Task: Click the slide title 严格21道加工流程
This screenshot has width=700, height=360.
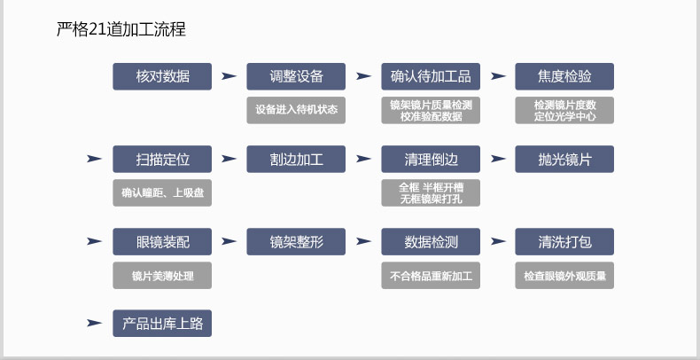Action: pyautogui.click(x=121, y=29)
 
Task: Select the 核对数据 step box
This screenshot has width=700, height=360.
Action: pyautogui.click(x=162, y=76)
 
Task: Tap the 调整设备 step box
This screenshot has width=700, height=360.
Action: pyautogui.click(x=296, y=76)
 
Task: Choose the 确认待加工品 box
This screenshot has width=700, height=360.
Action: pyautogui.click(x=431, y=76)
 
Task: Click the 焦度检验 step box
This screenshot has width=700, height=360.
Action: pyautogui.click(x=564, y=76)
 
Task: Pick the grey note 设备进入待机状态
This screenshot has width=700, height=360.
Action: pyautogui.click(x=296, y=110)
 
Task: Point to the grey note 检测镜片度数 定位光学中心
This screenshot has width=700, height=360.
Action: pyautogui.click(x=564, y=110)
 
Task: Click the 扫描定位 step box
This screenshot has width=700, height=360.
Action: pyautogui.click(x=162, y=159)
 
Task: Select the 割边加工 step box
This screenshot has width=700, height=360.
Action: pyautogui.click(x=296, y=159)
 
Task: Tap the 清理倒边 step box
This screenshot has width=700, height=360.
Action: pyautogui.click(x=431, y=159)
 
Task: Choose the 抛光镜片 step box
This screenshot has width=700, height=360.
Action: pyautogui.click(x=564, y=159)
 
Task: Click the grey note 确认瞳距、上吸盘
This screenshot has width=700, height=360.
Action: pyautogui.click(x=162, y=192)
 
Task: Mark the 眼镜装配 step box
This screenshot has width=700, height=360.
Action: pyautogui.click(x=162, y=242)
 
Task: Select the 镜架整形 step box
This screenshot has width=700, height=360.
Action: pyautogui.click(x=296, y=242)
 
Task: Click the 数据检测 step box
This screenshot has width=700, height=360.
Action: pyautogui.click(x=431, y=242)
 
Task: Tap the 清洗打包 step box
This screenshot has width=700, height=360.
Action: pyautogui.click(x=564, y=242)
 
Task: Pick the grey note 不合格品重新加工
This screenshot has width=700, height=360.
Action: pyautogui.click(x=431, y=275)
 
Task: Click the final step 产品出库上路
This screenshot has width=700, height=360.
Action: pyautogui.click(x=162, y=324)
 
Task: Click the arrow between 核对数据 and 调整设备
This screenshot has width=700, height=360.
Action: pyautogui.click(x=229, y=76)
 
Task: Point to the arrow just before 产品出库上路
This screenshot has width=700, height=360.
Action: pyautogui.click(x=94, y=323)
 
